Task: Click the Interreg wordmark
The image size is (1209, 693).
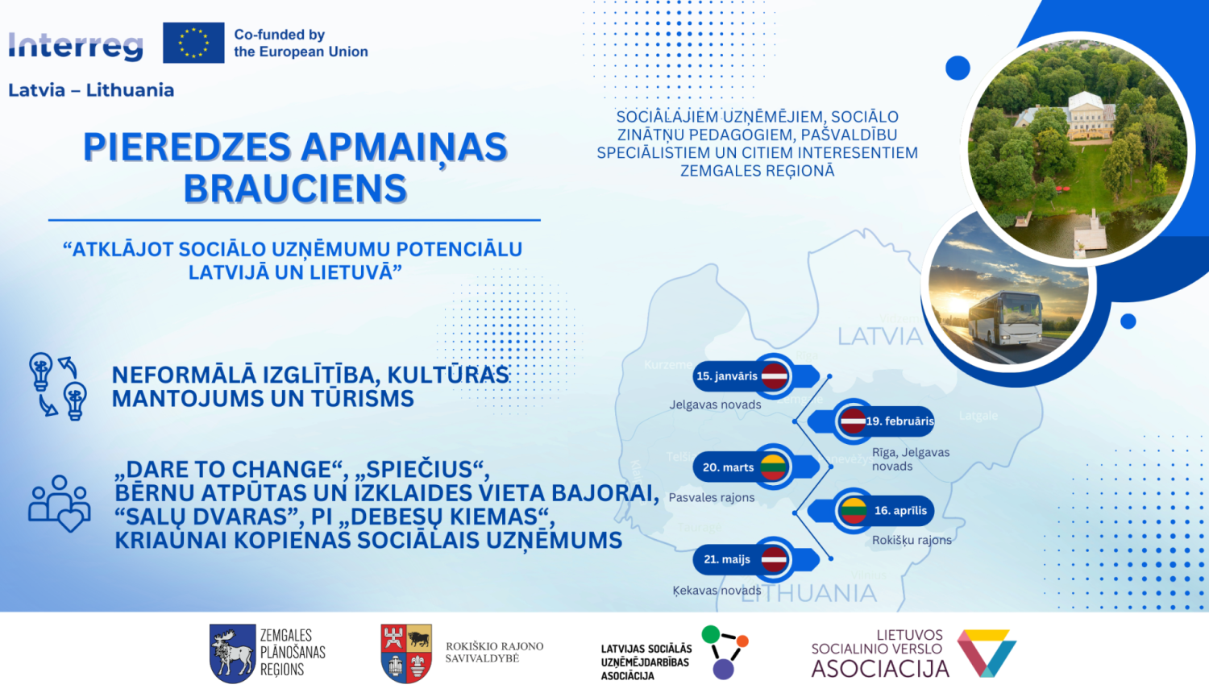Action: pyautogui.click(x=76, y=46)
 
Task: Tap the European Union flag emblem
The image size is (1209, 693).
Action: pyautogui.click(x=193, y=43)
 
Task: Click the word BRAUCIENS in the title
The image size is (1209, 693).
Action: pyautogui.click(x=295, y=189)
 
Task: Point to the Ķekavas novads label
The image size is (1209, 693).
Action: pyautogui.click(x=717, y=590)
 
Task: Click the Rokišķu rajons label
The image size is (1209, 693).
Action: pyautogui.click(x=912, y=540)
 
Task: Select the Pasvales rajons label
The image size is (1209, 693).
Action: pyautogui.click(x=712, y=497)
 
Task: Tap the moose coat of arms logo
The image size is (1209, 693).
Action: pyautogui.click(x=232, y=654)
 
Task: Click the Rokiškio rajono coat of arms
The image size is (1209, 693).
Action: pyautogui.click(x=406, y=654)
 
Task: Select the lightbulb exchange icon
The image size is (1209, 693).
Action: pyautogui.click(x=57, y=385)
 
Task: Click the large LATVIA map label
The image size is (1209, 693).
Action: pyautogui.click(x=879, y=336)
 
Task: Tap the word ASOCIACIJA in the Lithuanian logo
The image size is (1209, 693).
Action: pyautogui.click(x=880, y=669)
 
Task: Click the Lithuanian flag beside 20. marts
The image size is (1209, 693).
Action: pyautogui.click(x=773, y=467)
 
